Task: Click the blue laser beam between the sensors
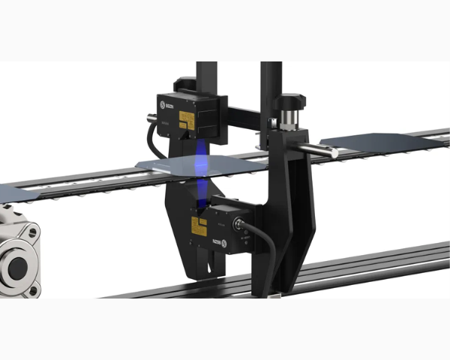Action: [x=201, y=169]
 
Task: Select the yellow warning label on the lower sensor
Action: [x=199, y=223]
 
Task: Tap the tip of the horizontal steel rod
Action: [x=333, y=153]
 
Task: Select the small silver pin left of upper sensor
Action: [x=151, y=117]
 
